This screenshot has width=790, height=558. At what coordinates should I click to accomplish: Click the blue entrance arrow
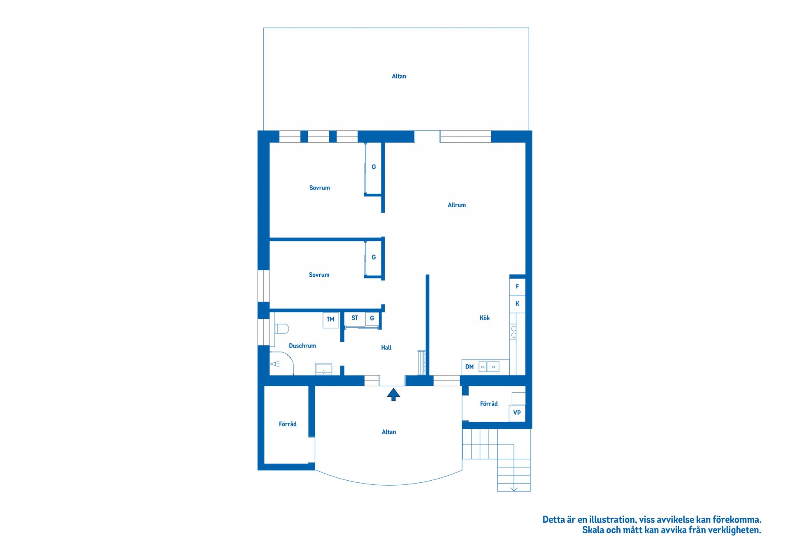point(393,394)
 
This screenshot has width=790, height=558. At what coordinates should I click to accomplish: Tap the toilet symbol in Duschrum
point(282,329)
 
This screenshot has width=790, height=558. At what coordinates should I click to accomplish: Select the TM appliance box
point(330,320)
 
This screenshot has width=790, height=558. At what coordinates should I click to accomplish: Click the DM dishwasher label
point(469,367)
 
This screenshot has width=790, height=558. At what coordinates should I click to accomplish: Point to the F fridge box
point(517,287)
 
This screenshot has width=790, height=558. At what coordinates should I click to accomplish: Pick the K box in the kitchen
point(517,304)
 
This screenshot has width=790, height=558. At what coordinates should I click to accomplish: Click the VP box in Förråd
point(517,413)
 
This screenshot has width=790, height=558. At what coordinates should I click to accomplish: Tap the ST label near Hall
point(355,318)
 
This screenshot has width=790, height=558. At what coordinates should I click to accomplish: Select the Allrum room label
point(457,205)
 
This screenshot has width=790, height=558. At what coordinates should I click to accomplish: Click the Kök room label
point(484,318)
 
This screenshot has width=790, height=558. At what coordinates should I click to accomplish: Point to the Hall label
point(386,348)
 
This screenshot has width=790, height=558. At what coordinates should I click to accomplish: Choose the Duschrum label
point(302,346)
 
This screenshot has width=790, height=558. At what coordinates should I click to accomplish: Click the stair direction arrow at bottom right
point(514,489)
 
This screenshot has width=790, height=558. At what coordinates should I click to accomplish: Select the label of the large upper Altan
point(399,76)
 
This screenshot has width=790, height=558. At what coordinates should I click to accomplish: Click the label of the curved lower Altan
point(389,432)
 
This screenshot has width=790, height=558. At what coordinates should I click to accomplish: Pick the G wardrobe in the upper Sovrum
point(374,167)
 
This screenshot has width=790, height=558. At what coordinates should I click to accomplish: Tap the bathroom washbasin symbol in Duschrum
point(323,369)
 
